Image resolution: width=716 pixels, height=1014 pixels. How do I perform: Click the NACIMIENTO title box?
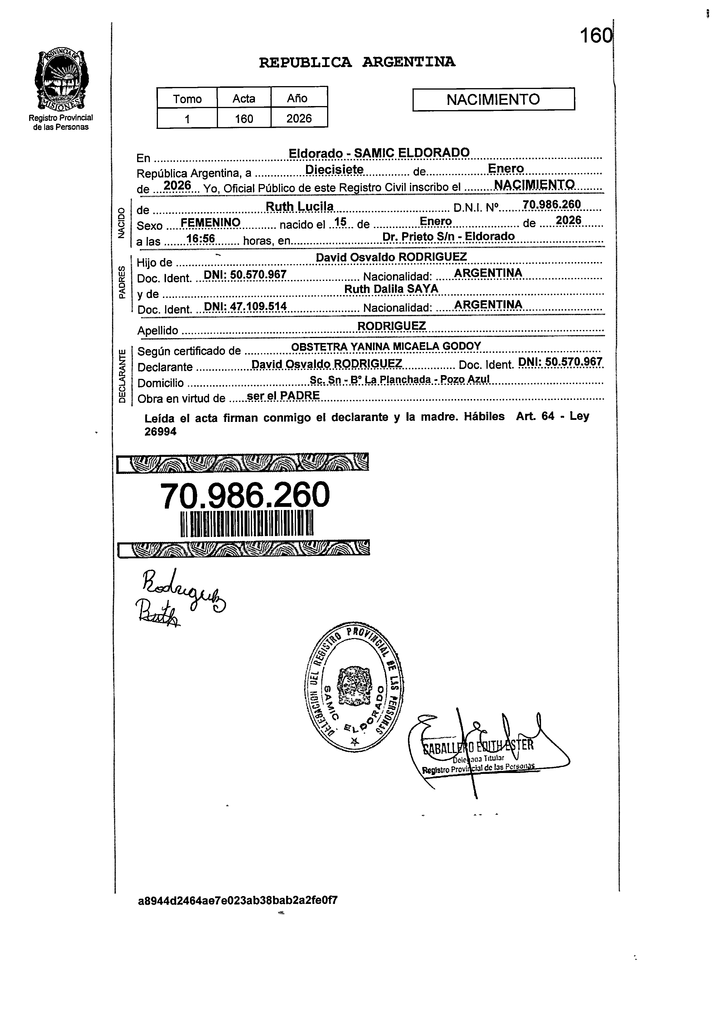click(493, 99)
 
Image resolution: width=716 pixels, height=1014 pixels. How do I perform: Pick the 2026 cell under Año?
click(299, 119)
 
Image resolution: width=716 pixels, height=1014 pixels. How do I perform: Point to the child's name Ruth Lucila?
click(300, 206)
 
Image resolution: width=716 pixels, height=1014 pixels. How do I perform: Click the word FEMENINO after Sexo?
click(210, 222)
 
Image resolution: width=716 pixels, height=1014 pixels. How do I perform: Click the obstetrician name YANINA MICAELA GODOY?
click(415, 346)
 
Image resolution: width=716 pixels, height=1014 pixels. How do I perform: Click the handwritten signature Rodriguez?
click(183, 590)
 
